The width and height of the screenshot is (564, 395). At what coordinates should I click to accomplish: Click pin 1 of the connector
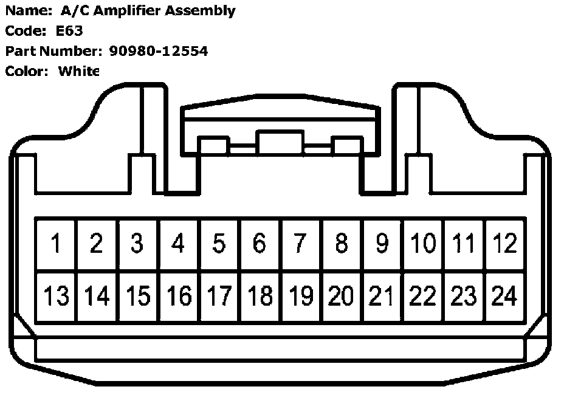coord(56,244)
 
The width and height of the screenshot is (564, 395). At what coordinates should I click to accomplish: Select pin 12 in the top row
coord(505,244)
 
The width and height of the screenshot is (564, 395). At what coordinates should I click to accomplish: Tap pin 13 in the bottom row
coord(56,297)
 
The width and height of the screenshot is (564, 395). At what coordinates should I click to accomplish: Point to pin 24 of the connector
coord(505,297)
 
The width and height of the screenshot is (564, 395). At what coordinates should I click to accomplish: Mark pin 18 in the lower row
coord(260,297)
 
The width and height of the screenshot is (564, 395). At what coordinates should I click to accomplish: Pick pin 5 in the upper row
coord(219,244)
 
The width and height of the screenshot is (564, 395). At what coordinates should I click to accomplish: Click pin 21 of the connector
coord(382,297)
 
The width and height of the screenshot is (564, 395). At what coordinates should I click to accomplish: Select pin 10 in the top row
coord(423,244)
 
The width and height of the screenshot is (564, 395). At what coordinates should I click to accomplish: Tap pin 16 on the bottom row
coord(178,297)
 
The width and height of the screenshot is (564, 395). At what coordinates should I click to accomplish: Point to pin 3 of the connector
coord(137,244)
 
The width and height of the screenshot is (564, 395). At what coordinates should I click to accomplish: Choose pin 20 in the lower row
coord(341,297)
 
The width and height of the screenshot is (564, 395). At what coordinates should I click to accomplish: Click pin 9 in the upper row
coord(382,244)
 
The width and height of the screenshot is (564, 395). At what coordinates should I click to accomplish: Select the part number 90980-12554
coord(158,51)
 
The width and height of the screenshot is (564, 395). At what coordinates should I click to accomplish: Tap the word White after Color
coord(78,71)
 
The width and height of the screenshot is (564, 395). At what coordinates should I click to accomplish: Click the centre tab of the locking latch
coord(280,143)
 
